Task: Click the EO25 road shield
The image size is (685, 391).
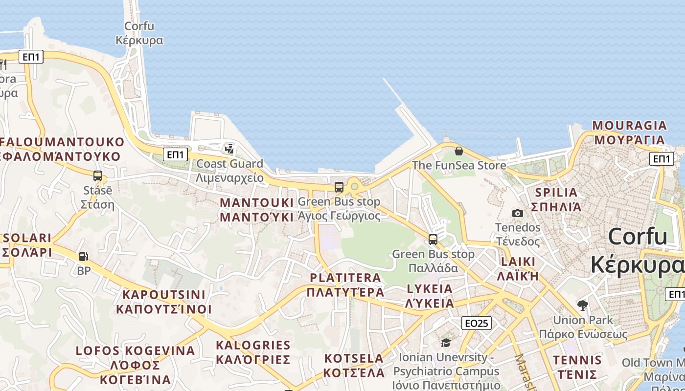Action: coord(476,323)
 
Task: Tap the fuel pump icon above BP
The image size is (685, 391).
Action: coord(84,256)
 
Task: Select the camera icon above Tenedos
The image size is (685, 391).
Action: coord(517,213)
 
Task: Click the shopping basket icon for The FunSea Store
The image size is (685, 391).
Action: coord(459,151)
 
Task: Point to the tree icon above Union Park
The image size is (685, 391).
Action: coord(582,305)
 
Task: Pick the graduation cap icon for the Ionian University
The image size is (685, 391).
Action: coord(445,343)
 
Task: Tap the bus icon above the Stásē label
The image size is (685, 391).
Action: coord(98,176)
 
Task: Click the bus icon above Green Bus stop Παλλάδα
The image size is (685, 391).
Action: coord(433,239)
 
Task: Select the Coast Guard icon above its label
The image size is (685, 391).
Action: coord(229,149)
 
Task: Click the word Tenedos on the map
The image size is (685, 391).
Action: coord(518,227)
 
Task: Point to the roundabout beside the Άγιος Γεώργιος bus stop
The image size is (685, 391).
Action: coord(354,186)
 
